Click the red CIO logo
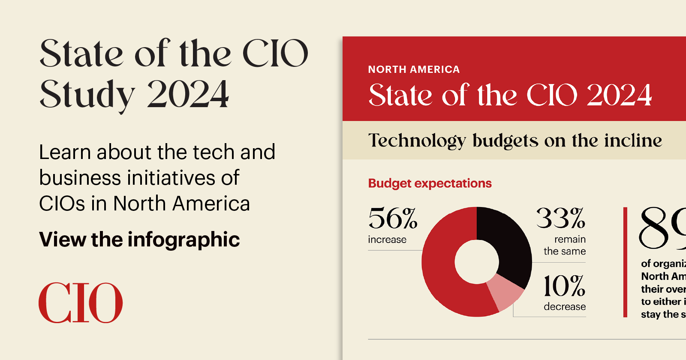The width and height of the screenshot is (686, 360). (x=81, y=303)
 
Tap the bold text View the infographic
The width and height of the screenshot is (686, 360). (x=139, y=239)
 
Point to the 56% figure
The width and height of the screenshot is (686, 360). (x=393, y=219)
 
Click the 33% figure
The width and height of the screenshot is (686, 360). (x=561, y=219)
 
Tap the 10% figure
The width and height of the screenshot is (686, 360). (x=564, y=286)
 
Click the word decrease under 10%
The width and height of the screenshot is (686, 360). (x=565, y=306)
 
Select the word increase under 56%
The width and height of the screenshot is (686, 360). (x=387, y=240)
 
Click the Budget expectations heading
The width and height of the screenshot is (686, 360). (x=430, y=183)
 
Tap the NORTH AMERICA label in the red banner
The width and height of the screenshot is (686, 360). (x=414, y=69)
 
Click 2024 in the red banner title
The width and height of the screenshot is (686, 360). (x=619, y=95)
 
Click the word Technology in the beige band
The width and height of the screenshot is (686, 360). (x=417, y=141)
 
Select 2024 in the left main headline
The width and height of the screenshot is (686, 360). (x=188, y=94)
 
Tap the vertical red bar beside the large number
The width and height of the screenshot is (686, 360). (x=625, y=262)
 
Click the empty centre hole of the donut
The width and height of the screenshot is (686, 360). (x=477, y=262)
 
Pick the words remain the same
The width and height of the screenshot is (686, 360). (x=565, y=245)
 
